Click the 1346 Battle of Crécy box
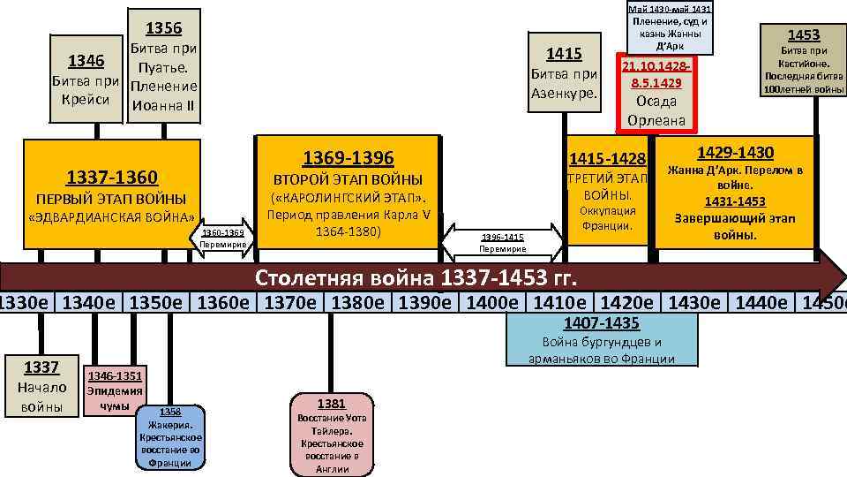pos(87,80)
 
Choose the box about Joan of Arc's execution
pos(670,26)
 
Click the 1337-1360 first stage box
pos(111,195)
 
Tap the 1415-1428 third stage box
pos(607,193)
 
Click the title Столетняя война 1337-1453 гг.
pos(415,279)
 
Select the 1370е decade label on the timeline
pos(293,302)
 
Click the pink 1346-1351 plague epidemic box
pos(114,389)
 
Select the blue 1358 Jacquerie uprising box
pos(170,436)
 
